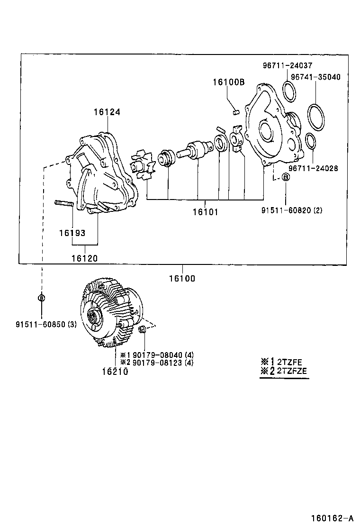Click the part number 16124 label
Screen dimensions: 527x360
pos(107,112)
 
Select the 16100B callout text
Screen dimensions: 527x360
pos(228,82)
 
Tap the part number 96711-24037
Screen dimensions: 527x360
pos(288,66)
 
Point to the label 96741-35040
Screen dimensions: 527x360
pos(315,76)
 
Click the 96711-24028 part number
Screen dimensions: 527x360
pos(313,168)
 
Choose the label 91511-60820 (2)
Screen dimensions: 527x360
pos(291,210)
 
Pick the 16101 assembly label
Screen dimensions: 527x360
pos(205,212)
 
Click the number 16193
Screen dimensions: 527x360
pos(72,233)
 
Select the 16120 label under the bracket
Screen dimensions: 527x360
pos(84,258)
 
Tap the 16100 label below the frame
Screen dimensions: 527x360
pos(181,279)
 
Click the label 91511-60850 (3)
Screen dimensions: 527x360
pos(45,325)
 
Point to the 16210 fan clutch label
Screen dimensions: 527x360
pos(114,371)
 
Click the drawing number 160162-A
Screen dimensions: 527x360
pos(332,518)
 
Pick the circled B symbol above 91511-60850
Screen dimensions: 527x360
pos(41,298)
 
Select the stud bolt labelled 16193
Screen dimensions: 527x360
pos(64,204)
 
